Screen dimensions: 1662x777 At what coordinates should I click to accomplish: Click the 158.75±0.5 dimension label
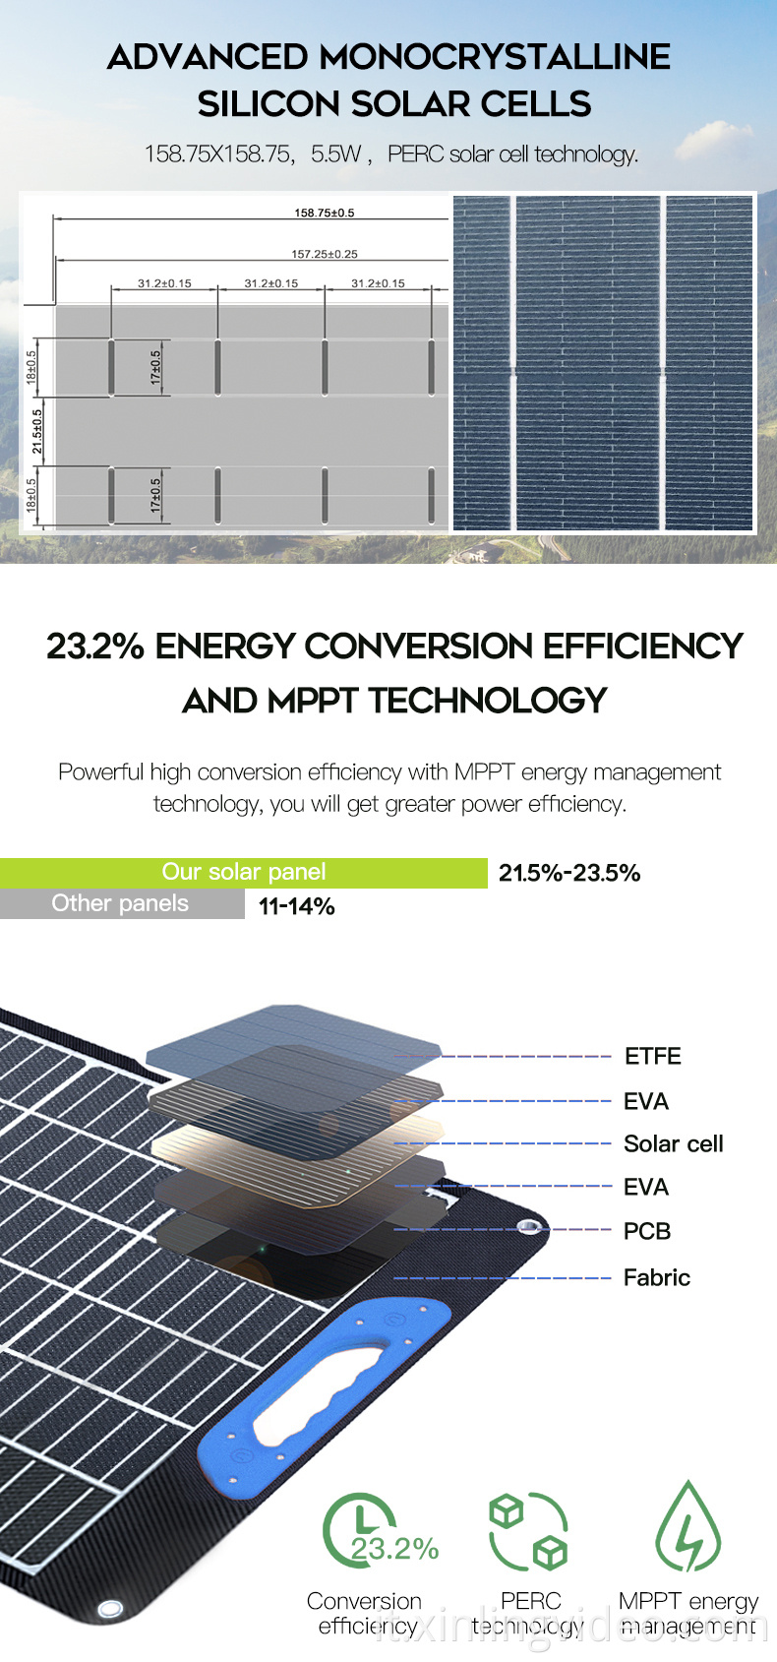point(324,213)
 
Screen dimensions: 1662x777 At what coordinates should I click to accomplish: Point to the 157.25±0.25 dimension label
point(324,254)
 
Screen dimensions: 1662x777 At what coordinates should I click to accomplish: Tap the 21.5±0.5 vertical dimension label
point(37,431)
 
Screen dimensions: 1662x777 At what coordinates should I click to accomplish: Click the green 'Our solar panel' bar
point(243,873)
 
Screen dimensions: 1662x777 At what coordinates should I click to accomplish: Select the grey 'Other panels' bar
point(121,903)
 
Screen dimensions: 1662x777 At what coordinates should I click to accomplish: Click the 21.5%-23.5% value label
point(569,873)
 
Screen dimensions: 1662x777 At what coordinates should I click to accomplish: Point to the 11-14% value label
point(296,906)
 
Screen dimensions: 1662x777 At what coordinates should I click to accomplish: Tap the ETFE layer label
point(652,1056)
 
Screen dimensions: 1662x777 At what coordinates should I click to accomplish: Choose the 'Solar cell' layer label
point(673,1143)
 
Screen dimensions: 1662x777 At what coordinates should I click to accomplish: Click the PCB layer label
point(646,1231)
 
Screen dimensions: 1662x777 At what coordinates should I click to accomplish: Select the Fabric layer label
point(656,1277)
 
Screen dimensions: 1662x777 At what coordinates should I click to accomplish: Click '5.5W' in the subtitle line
point(336,154)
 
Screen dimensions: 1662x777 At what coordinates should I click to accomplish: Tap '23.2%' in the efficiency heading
point(95,646)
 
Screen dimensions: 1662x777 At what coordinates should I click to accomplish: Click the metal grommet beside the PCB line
point(529,1226)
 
